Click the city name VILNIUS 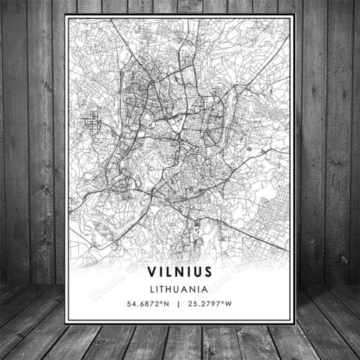pos(180,271)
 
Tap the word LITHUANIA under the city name pos(180,288)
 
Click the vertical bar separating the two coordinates pos(180,303)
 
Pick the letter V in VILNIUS pos(152,271)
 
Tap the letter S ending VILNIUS pos(207,271)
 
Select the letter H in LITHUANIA pos(173,288)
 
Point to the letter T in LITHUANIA pos(166,288)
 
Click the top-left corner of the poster pos(65,16)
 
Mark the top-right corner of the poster pos(294,16)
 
